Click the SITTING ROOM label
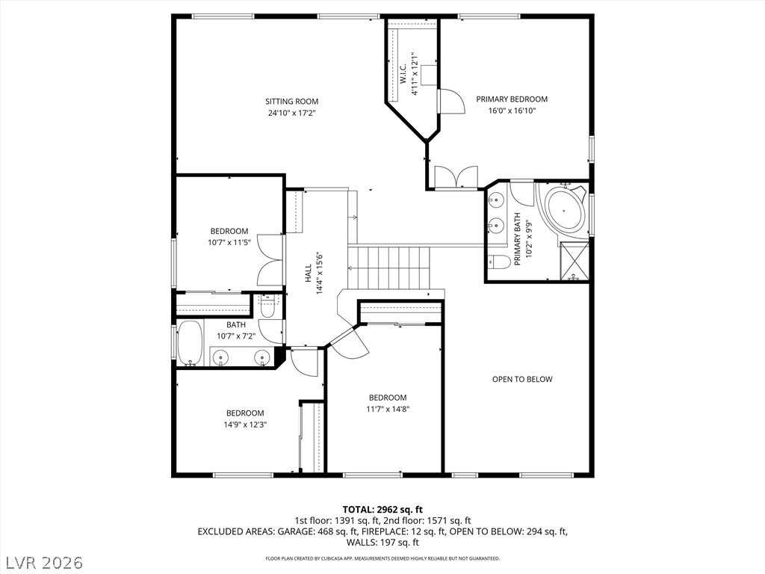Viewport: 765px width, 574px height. (x=292, y=102)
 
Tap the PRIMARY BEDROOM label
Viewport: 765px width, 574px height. (x=512, y=99)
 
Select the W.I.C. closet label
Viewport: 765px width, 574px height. (x=403, y=74)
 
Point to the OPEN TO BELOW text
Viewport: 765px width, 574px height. (x=522, y=379)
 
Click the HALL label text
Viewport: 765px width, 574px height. (x=309, y=273)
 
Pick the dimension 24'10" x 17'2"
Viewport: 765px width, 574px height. (x=292, y=114)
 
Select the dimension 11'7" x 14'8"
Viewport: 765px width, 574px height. (x=388, y=409)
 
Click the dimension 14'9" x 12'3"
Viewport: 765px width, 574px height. (x=245, y=425)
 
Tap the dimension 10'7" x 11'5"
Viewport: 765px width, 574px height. (x=229, y=242)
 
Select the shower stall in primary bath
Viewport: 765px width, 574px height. (x=574, y=261)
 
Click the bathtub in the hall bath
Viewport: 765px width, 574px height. (x=190, y=342)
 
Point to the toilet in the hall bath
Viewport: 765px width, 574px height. (x=268, y=306)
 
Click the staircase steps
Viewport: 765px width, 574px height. (x=388, y=268)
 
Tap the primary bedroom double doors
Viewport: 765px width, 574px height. (x=456, y=177)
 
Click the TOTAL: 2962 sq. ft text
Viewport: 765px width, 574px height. (x=382, y=510)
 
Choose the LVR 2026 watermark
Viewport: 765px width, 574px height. (x=42, y=562)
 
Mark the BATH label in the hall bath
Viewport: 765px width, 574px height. (x=236, y=324)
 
